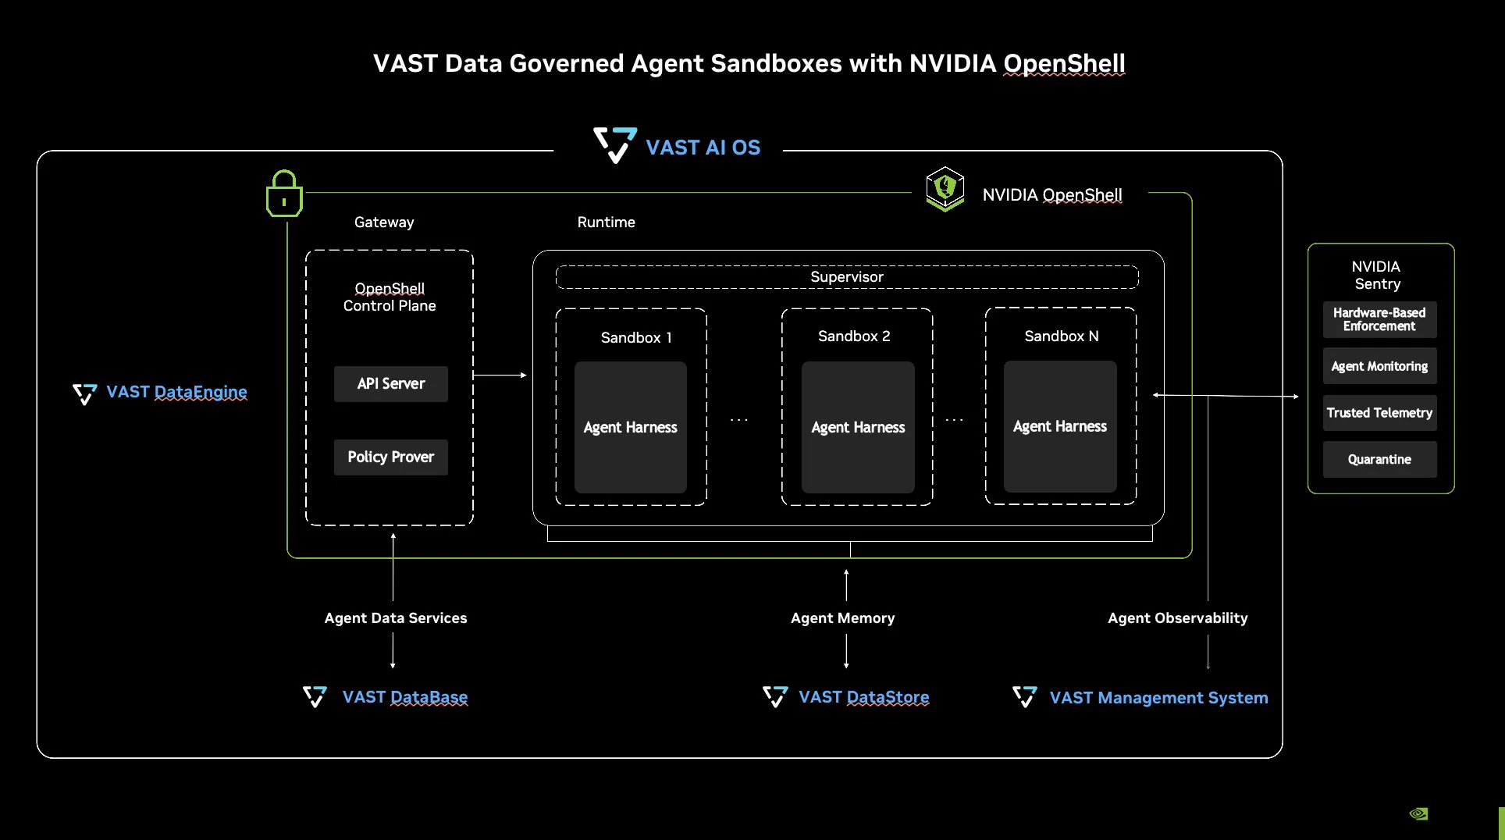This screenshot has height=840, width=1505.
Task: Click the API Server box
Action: click(391, 384)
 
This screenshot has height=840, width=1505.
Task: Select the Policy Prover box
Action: click(391, 457)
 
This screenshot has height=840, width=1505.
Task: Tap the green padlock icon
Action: click(284, 194)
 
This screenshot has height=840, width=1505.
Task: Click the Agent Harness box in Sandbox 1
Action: click(631, 427)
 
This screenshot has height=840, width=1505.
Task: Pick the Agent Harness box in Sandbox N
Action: click(1060, 426)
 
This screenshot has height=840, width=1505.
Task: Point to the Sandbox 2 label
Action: click(854, 336)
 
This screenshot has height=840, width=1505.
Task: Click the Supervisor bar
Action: click(847, 277)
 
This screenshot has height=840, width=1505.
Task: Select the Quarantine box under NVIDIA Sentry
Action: click(1379, 460)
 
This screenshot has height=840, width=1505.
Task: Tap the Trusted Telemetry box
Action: click(1379, 413)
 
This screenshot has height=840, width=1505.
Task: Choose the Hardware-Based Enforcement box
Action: click(1379, 319)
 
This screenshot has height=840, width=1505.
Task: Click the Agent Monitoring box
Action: click(1379, 366)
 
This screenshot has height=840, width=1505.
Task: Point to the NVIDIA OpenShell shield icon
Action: click(945, 189)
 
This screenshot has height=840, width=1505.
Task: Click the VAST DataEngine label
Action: click(176, 392)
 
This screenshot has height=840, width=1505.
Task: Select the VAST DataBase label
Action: click(405, 697)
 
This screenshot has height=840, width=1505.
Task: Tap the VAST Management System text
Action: click(1159, 698)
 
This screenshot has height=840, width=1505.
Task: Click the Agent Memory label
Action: click(843, 618)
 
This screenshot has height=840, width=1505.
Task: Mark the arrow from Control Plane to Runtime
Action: click(500, 376)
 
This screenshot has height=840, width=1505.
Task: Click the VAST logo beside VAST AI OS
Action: click(615, 145)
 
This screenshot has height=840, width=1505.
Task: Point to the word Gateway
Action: click(384, 222)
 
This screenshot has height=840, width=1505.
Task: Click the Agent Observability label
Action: click(1178, 618)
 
